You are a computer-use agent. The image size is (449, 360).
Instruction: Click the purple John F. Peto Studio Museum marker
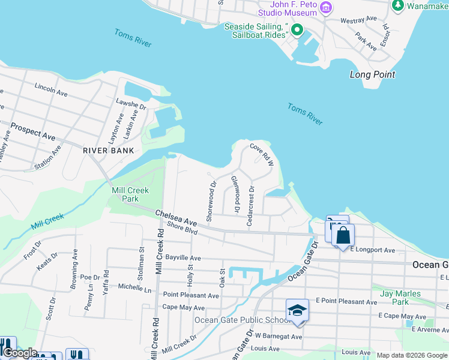pos(326,8)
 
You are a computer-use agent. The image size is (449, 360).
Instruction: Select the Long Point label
pos(372,75)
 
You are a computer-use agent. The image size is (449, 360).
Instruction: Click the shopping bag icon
pos(343,234)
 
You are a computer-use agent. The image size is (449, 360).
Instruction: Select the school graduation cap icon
pos(297,310)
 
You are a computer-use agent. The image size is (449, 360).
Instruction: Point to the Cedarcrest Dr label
pos(251,206)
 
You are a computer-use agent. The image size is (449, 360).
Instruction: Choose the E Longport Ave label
pos(373,250)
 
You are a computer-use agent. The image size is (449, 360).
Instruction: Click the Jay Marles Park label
pos(400,298)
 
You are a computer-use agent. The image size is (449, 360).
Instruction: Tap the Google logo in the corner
pos(20,353)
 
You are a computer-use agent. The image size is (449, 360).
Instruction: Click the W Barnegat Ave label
pos(278,337)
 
